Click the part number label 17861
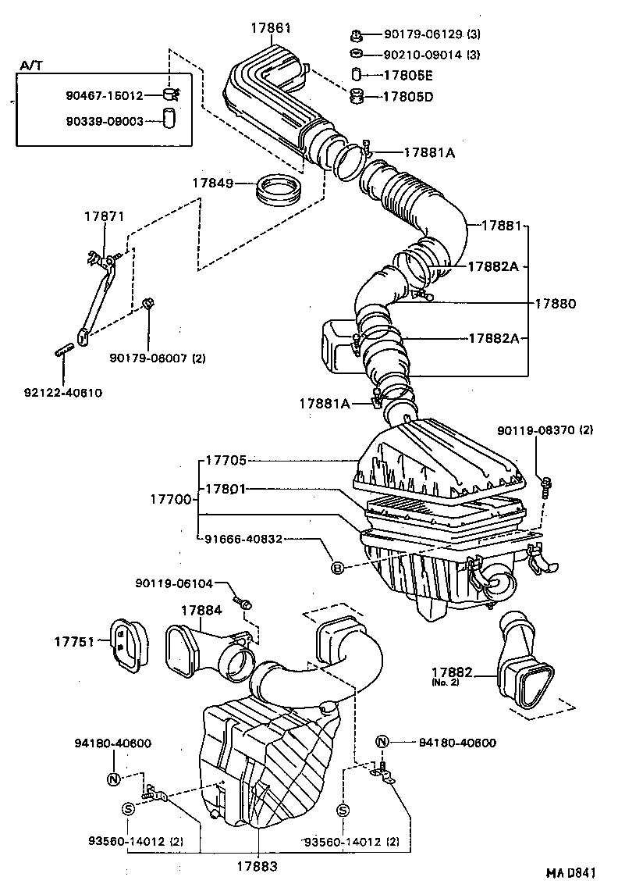[x=271, y=27]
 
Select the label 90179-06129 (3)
[x=431, y=34]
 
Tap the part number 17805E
[x=407, y=75]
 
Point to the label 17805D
[x=407, y=96]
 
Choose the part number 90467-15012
[x=105, y=95]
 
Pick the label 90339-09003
[x=105, y=121]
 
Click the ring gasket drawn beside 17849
[x=279, y=189]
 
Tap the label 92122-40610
[x=62, y=392]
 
